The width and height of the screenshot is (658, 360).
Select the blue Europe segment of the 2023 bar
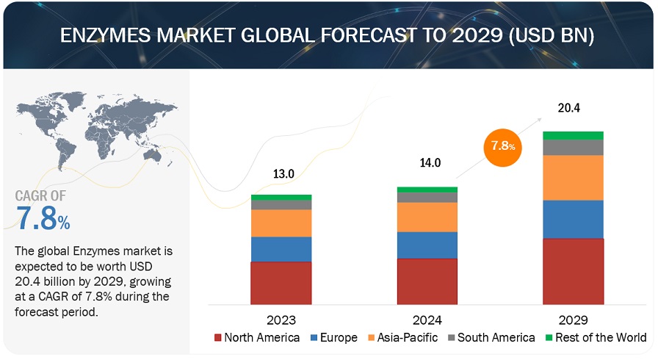pos(281,249)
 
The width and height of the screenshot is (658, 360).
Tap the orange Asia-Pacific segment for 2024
pos(427,217)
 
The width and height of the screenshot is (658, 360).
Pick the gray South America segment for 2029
pos(573,147)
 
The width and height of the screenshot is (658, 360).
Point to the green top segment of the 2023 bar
pos(281,198)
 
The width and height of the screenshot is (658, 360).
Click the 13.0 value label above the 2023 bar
pos(284,174)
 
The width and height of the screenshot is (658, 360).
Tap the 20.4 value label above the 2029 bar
pos(569,108)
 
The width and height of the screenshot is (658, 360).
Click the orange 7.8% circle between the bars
pos(502,145)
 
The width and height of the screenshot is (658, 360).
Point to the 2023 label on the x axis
pos(281,320)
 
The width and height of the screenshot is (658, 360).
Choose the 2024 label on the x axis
pos(427,320)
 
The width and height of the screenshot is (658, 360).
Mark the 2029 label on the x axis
pos(573,320)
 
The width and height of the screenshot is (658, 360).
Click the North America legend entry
pos(256,337)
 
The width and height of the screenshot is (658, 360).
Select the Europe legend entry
pos(338,337)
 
